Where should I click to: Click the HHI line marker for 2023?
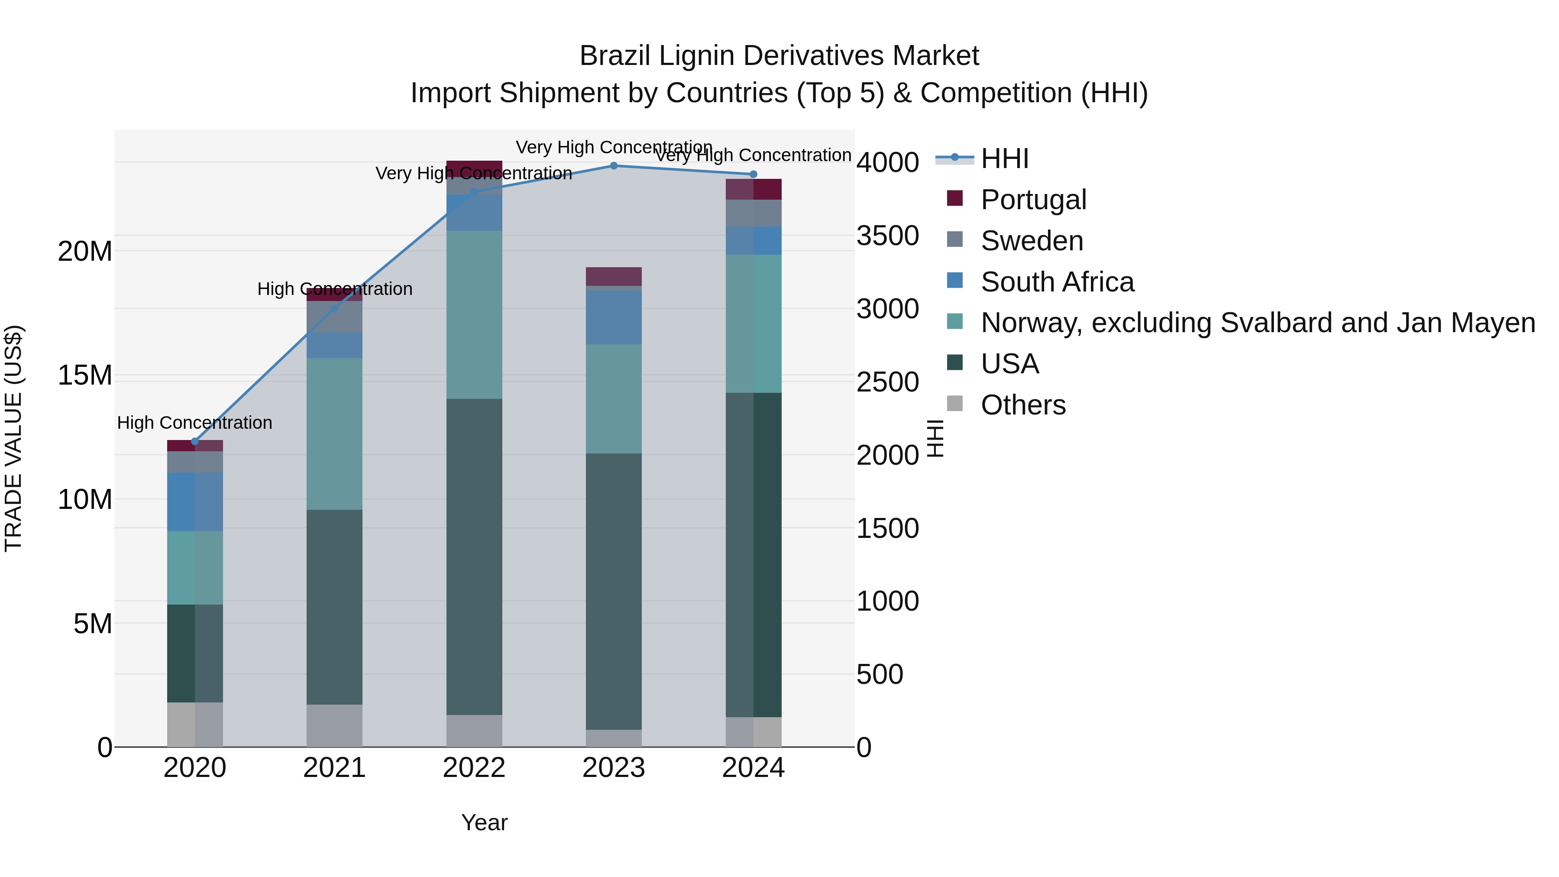pyautogui.click(x=614, y=166)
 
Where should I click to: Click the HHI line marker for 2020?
pyautogui.click(x=195, y=441)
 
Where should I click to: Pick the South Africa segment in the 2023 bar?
pyautogui.click(x=614, y=317)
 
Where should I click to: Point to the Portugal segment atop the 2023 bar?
pyautogui.click(x=614, y=276)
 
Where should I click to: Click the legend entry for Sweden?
pyautogui.click(x=1031, y=241)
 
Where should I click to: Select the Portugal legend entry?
pyautogui.click(x=1033, y=200)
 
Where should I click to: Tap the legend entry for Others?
pyautogui.click(x=1023, y=405)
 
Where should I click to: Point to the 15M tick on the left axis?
pyautogui.click(x=85, y=375)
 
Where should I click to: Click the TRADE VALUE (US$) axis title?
pyautogui.click(x=13, y=438)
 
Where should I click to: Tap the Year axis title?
pyautogui.click(x=484, y=822)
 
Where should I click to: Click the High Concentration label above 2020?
pyautogui.click(x=194, y=422)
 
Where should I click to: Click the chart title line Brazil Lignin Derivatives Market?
pyautogui.click(x=779, y=56)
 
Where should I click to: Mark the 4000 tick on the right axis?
pyautogui.click(x=887, y=162)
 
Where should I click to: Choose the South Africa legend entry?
pyautogui.click(x=1057, y=282)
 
